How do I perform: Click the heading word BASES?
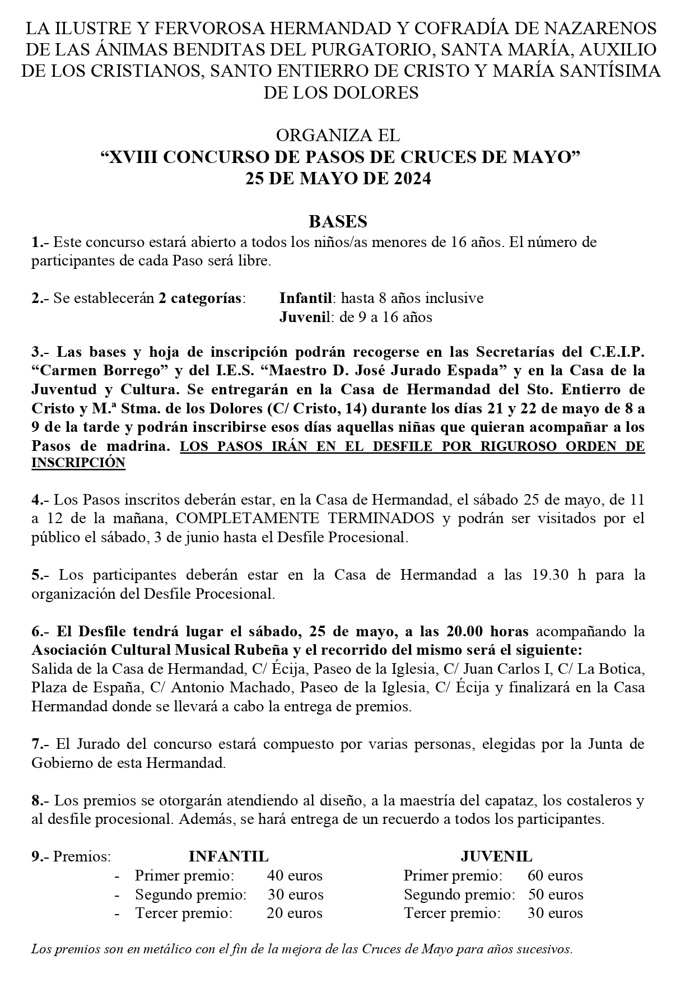point(338,222)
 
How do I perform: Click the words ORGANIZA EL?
point(338,136)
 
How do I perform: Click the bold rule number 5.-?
point(41,575)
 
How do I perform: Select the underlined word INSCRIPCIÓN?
point(78,463)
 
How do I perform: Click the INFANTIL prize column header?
point(228,856)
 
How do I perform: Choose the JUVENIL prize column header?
point(496,856)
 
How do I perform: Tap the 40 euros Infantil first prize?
point(295,875)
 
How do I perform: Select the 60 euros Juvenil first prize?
point(555,875)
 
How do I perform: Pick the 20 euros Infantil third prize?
point(295,914)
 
